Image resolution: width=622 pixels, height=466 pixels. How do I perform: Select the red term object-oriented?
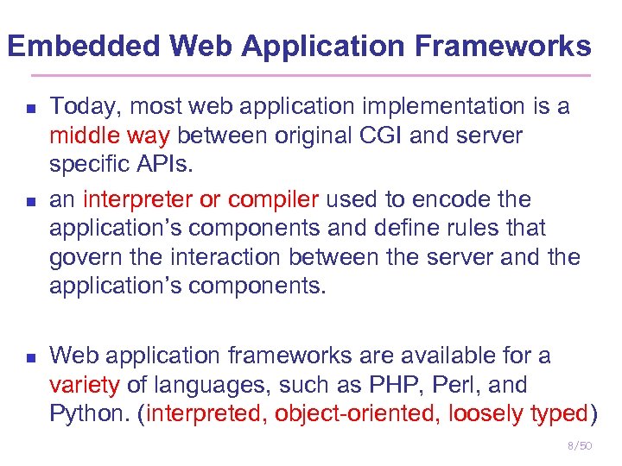357,414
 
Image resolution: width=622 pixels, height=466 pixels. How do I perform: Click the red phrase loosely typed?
518,414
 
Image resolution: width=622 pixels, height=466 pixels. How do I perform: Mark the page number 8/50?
579,445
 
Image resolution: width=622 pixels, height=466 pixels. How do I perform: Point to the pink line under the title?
311,76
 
